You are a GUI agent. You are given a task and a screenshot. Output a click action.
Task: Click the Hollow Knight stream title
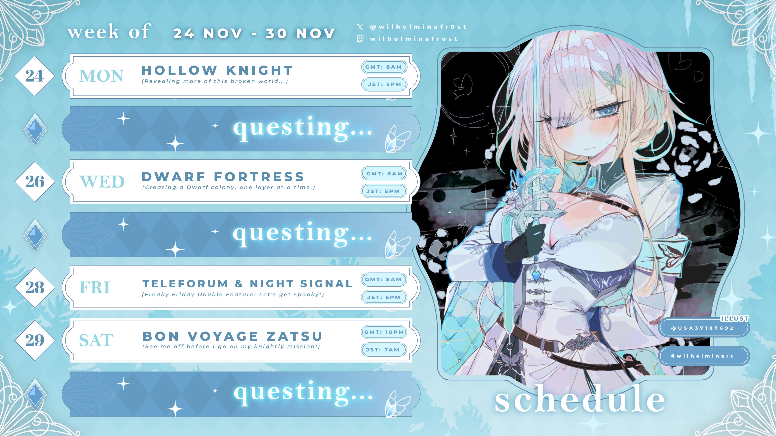[x=217, y=70]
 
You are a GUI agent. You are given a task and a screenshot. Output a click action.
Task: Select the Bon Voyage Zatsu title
[x=232, y=336]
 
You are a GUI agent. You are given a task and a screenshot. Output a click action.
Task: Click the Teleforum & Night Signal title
[x=247, y=283]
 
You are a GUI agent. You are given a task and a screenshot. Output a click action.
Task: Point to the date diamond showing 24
[x=35, y=76]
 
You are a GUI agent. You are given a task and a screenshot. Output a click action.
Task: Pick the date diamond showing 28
[x=35, y=287]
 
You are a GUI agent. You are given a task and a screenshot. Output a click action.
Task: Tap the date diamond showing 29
[x=35, y=340]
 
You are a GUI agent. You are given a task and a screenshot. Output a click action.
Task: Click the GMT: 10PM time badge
[x=384, y=332]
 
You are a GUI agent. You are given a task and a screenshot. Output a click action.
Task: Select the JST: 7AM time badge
[x=384, y=350]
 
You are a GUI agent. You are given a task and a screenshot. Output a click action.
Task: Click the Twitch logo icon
[x=360, y=39]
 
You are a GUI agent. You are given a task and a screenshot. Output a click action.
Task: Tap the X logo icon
[x=360, y=27]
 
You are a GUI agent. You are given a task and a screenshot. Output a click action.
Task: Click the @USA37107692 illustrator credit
[x=704, y=328]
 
